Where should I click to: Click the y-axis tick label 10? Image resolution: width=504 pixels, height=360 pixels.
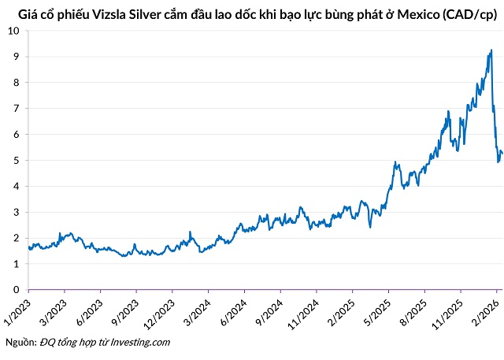(x=15, y=31)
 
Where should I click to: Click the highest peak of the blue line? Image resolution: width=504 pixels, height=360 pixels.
(x=491, y=50)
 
